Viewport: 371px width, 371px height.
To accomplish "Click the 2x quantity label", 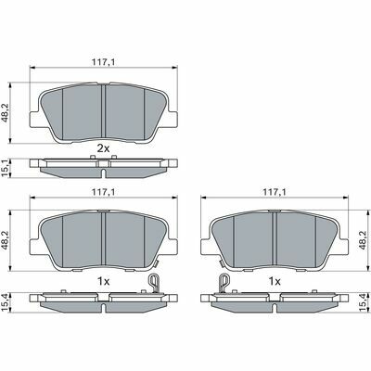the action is click(103, 148).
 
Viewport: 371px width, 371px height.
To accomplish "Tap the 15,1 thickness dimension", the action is click(5, 168).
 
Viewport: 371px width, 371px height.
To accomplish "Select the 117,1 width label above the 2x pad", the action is click(103, 62).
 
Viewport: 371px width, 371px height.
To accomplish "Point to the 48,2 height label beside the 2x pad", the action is click(5, 113).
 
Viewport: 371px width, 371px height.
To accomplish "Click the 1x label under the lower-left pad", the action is click(103, 281).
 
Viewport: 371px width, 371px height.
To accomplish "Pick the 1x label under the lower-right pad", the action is click(275, 281).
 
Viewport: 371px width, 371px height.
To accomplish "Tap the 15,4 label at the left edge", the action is click(5, 302).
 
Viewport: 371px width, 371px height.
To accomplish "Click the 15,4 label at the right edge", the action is click(365, 302).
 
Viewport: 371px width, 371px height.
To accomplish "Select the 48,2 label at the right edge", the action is click(365, 240).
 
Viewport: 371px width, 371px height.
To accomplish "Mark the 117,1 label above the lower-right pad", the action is click(275, 192).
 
